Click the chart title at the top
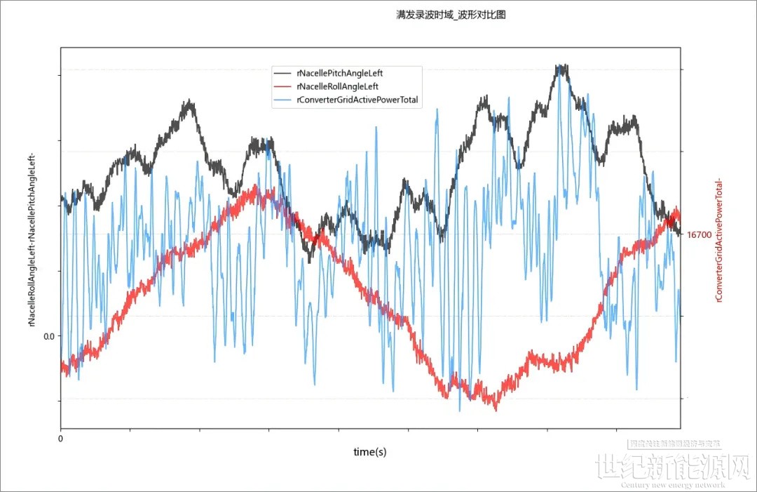(451, 15)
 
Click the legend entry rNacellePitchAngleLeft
(340, 72)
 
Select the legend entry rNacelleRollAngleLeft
(337, 86)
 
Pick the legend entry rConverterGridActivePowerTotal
(357, 100)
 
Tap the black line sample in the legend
(283, 72)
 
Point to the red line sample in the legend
(283, 86)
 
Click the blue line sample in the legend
(283, 100)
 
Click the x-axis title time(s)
(369, 452)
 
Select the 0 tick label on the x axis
(60, 439)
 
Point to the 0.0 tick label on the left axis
(48, 335)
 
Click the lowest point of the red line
(496, 408)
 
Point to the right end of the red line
(678, 218)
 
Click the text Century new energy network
(673, 485)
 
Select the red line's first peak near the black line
(256, 188)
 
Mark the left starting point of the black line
(62, 197)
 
